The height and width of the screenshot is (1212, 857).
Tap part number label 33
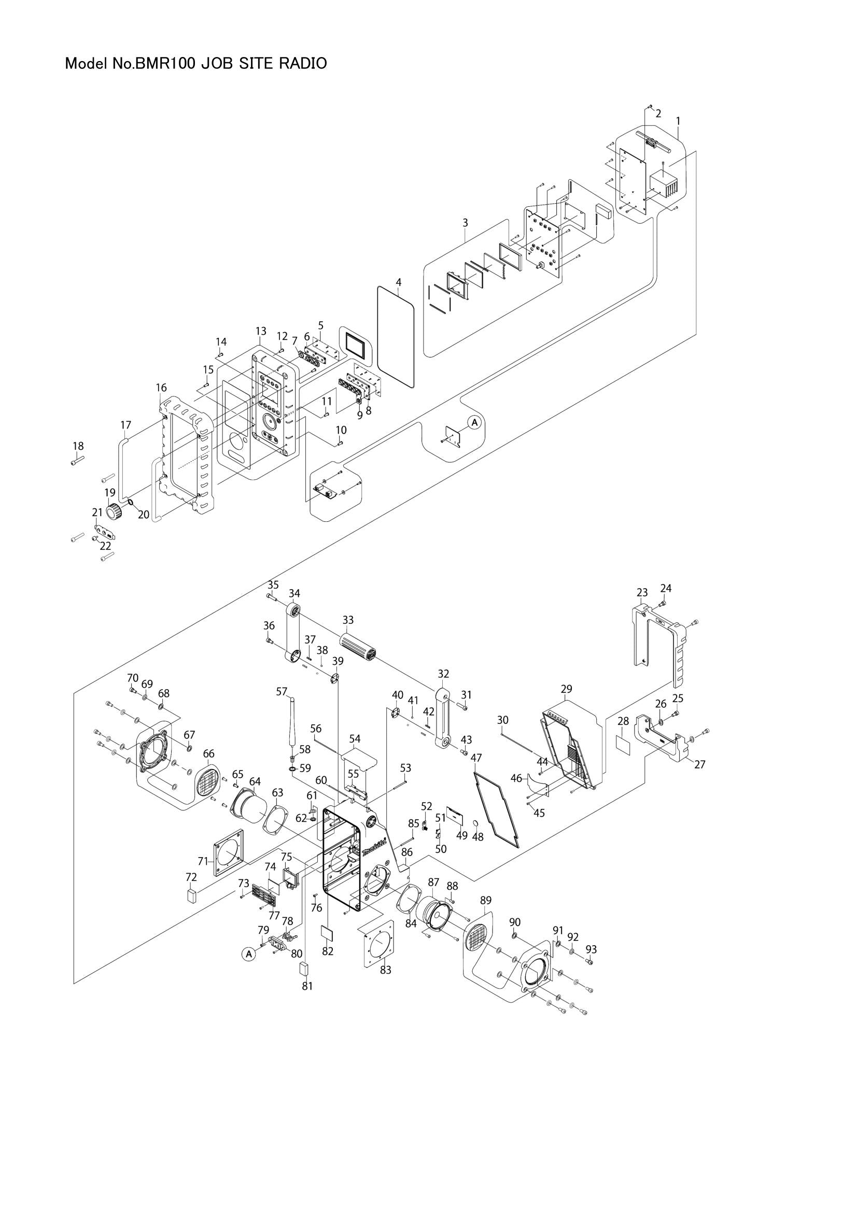[348, 619]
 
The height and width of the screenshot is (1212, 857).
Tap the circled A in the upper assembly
[474, 422]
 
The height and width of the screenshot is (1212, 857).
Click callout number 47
[476, 758]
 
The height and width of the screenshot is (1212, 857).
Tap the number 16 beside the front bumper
[162, 388]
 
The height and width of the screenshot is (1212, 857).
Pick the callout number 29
[566, 689]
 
